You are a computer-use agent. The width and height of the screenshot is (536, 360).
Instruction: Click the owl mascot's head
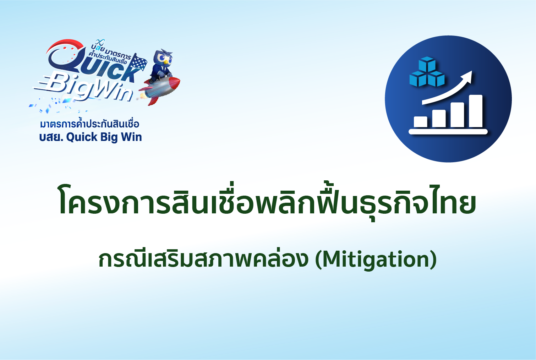point(164,59)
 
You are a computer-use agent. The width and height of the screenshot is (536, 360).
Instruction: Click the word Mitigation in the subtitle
point(376,260)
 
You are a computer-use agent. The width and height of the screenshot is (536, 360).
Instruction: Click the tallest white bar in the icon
point(476,111)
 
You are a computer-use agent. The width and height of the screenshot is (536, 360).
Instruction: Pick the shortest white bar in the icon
point(421,122)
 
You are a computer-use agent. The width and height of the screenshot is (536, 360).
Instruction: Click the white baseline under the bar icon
point(448,132)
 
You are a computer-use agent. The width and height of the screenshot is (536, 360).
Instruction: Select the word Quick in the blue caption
point(82,137)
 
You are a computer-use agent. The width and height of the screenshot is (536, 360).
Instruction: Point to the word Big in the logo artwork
point(67,85)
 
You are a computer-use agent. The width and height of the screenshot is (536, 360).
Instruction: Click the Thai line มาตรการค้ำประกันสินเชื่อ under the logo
point(90,124)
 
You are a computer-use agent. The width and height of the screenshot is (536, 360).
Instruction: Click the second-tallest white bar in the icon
point(457,115)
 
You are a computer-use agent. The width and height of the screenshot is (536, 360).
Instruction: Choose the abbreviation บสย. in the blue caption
point(51,137)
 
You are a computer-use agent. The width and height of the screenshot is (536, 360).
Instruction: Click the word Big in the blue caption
point(109,137)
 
